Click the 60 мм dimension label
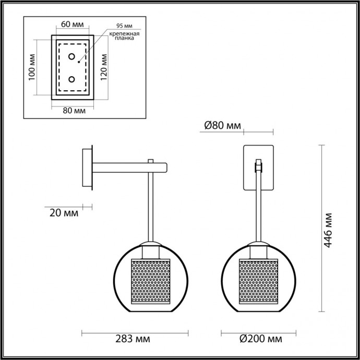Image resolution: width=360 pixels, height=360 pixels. (x=72, y=25)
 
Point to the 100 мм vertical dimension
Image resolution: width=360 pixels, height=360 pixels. (x=32, y=67)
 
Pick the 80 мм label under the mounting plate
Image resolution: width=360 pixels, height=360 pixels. (x=74, y=110)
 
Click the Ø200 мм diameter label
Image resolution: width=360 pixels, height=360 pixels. (x=257, y=340)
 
